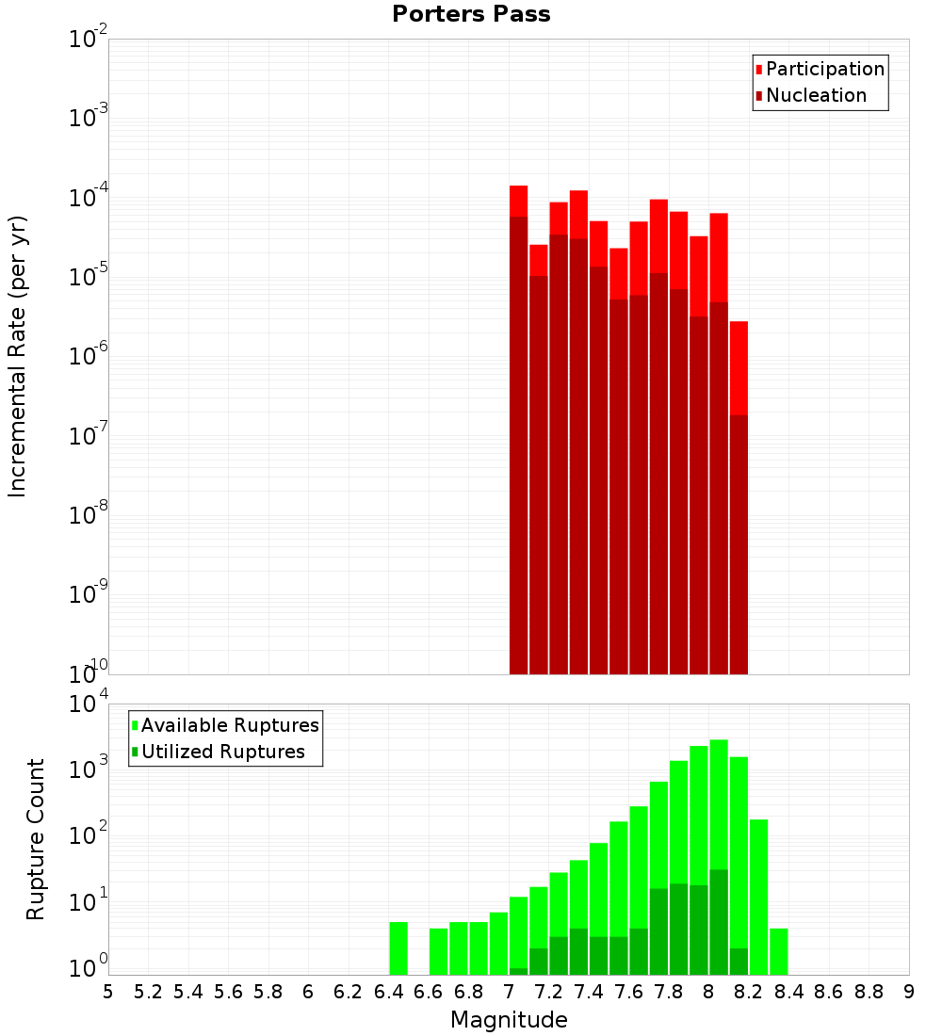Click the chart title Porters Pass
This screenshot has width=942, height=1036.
(471, 14)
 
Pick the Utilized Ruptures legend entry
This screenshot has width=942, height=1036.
(222, 752)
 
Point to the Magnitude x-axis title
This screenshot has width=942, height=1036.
(509, 1020)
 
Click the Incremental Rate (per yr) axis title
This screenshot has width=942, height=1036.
(18, 356)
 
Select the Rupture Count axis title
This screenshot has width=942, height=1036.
(36, 838)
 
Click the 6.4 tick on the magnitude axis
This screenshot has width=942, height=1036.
(389, 992)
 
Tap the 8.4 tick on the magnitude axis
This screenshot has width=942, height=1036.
(789, 992)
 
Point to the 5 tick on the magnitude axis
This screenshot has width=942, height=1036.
(108, 992)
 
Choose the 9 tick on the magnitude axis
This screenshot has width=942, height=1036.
(909, 992)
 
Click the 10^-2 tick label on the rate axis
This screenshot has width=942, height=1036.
(89, 40)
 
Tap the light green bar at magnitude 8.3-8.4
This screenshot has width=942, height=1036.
(779, 951)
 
